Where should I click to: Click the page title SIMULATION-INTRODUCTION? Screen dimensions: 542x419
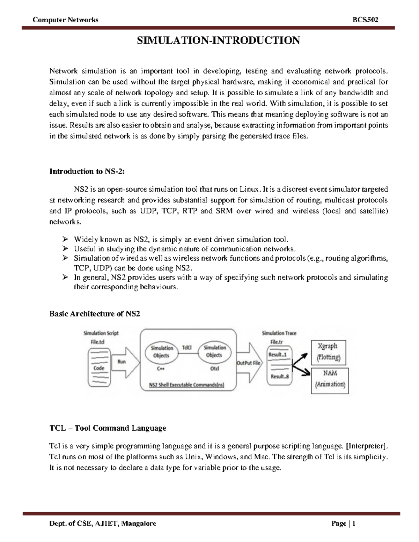coord(218,40)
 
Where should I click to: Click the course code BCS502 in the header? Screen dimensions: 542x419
coord(366,20)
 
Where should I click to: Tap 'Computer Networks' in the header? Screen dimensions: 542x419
coord(65,20)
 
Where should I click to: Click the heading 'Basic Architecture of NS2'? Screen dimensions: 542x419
coord(95,314)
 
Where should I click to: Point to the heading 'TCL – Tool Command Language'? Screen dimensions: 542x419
coord(108,428)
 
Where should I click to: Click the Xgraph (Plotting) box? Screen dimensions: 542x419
coord(328,352)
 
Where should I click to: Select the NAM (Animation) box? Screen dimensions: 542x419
coord(330,379)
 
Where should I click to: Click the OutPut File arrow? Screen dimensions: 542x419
coord(249,363)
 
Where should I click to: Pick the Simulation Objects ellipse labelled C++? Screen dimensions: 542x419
coord(161,352)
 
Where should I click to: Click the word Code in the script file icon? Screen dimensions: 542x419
coord(99,368)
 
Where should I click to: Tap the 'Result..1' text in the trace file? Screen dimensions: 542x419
coord(278,355)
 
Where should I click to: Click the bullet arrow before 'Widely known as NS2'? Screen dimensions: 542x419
coord(65,239)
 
